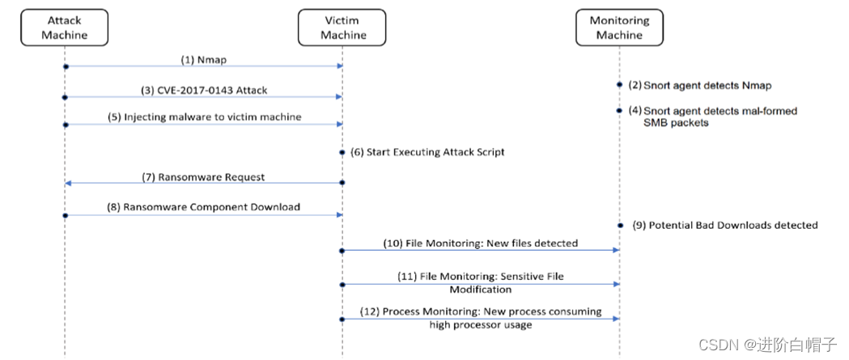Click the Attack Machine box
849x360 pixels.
click(64, 27)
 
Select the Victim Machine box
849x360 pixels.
click(342, 27)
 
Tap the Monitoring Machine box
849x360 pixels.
click(619, 27)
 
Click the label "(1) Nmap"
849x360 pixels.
click(204, 59)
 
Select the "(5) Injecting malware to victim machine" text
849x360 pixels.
click(204, 117)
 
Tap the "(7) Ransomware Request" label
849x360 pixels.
click(203, 176)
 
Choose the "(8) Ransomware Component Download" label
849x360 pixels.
click(204, 207)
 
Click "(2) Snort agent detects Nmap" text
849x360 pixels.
click(703, 84)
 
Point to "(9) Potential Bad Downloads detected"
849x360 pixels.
click(724, 225)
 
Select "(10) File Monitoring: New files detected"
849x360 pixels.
click(481, 243)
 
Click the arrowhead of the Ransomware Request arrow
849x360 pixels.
click(68, 184)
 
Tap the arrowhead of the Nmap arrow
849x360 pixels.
click(338, 66)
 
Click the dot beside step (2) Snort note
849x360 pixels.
click(620, 84)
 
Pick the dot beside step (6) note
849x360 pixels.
click(342, 151)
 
